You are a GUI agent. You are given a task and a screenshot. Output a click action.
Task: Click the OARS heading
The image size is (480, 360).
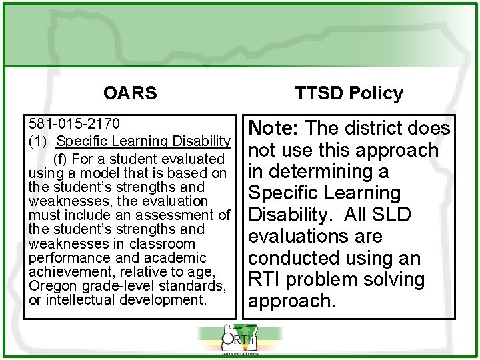click(131, 93)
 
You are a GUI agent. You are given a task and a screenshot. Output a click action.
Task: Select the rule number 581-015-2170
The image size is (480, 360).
click(74, 124)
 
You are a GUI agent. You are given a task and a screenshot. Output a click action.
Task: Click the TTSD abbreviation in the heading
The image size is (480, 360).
click(321, 93)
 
